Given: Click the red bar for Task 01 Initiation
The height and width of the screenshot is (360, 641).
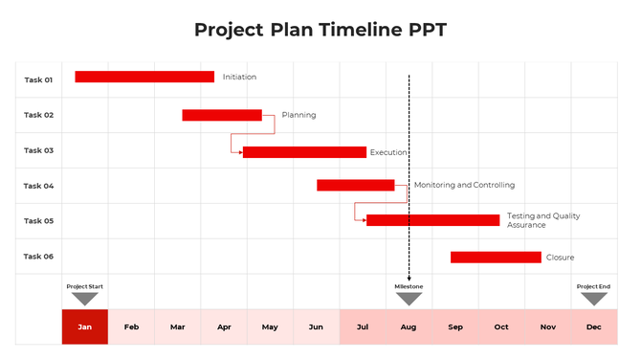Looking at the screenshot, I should (x=144, y=77).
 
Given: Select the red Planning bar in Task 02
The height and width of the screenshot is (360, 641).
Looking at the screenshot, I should (x=222, y=115).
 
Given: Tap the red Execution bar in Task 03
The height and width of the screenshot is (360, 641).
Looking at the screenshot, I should (x=305, y=152).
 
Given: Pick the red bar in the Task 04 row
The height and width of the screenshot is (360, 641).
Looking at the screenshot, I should (x=355, y=185).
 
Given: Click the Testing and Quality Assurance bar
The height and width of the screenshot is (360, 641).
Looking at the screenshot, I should (x=433, y=220).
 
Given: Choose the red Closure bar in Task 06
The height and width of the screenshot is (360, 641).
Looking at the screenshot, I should (x=496, y=257).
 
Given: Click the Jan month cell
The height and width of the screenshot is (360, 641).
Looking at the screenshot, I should (x=85, y=326).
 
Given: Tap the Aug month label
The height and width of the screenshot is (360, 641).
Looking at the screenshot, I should (x=409, y=327).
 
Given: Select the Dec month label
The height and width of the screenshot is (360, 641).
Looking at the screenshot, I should (x=594, y=327).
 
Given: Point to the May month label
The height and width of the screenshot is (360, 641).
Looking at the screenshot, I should (x=270, y=327).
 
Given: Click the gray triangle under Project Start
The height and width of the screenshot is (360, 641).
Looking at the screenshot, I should (x=85, y=299).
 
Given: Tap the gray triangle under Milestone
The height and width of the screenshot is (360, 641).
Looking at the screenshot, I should (x=409, y=299).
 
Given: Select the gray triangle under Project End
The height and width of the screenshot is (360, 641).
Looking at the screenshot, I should (x=594, y=299).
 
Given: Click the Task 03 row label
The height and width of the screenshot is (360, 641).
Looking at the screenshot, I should (x=38, y=150).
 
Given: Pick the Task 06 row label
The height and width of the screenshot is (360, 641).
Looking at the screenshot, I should (x=38, y=257).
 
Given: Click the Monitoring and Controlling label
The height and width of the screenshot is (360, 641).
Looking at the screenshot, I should (x=464, y=185).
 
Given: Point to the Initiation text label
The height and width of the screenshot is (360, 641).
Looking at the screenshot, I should (x=239, y=77).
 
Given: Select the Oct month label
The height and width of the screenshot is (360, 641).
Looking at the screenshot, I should (x=501, y=327).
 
